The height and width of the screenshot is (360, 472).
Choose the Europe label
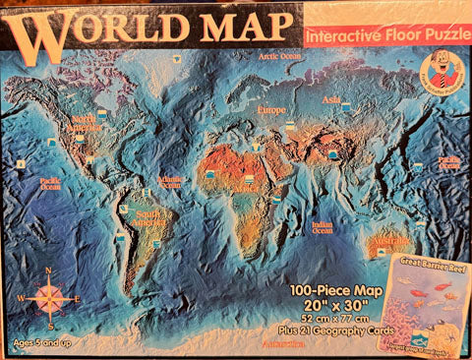coord(271,110)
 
